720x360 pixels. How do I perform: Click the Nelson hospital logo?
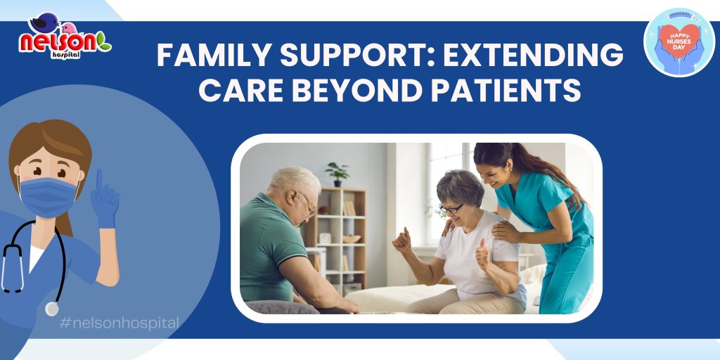(x=65, y=37)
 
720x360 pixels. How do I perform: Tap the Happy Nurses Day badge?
(x=679, y=41)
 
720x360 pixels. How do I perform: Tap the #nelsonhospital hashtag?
(x=120, y=323)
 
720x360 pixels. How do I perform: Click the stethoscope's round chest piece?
(x=52, y=309)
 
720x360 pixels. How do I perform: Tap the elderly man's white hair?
(x=295, y=179)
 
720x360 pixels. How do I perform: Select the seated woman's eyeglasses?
(x=451, y=209)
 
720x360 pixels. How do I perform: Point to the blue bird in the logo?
(x=46, y=22)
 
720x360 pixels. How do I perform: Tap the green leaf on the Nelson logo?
(x=104, y=42)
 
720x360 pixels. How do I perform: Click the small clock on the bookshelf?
(x=326, y=238)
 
